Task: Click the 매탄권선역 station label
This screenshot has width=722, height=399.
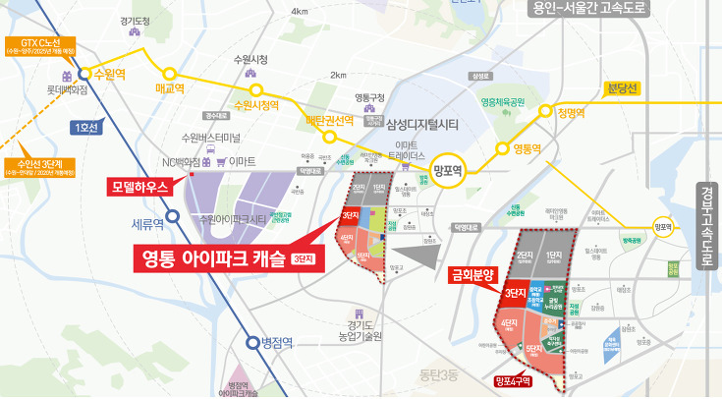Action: pos(329,121)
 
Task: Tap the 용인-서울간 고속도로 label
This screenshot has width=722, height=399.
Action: pos(614,9)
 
